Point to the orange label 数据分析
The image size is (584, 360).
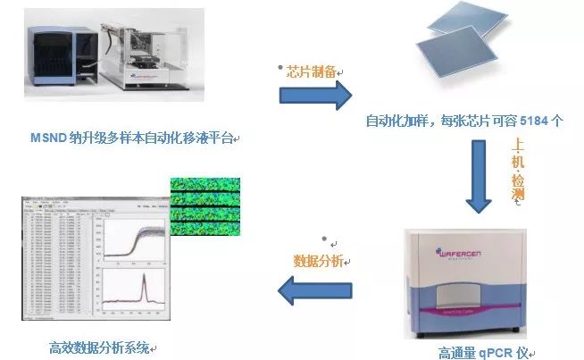coord(319,261)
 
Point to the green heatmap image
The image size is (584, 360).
coord(207,206)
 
